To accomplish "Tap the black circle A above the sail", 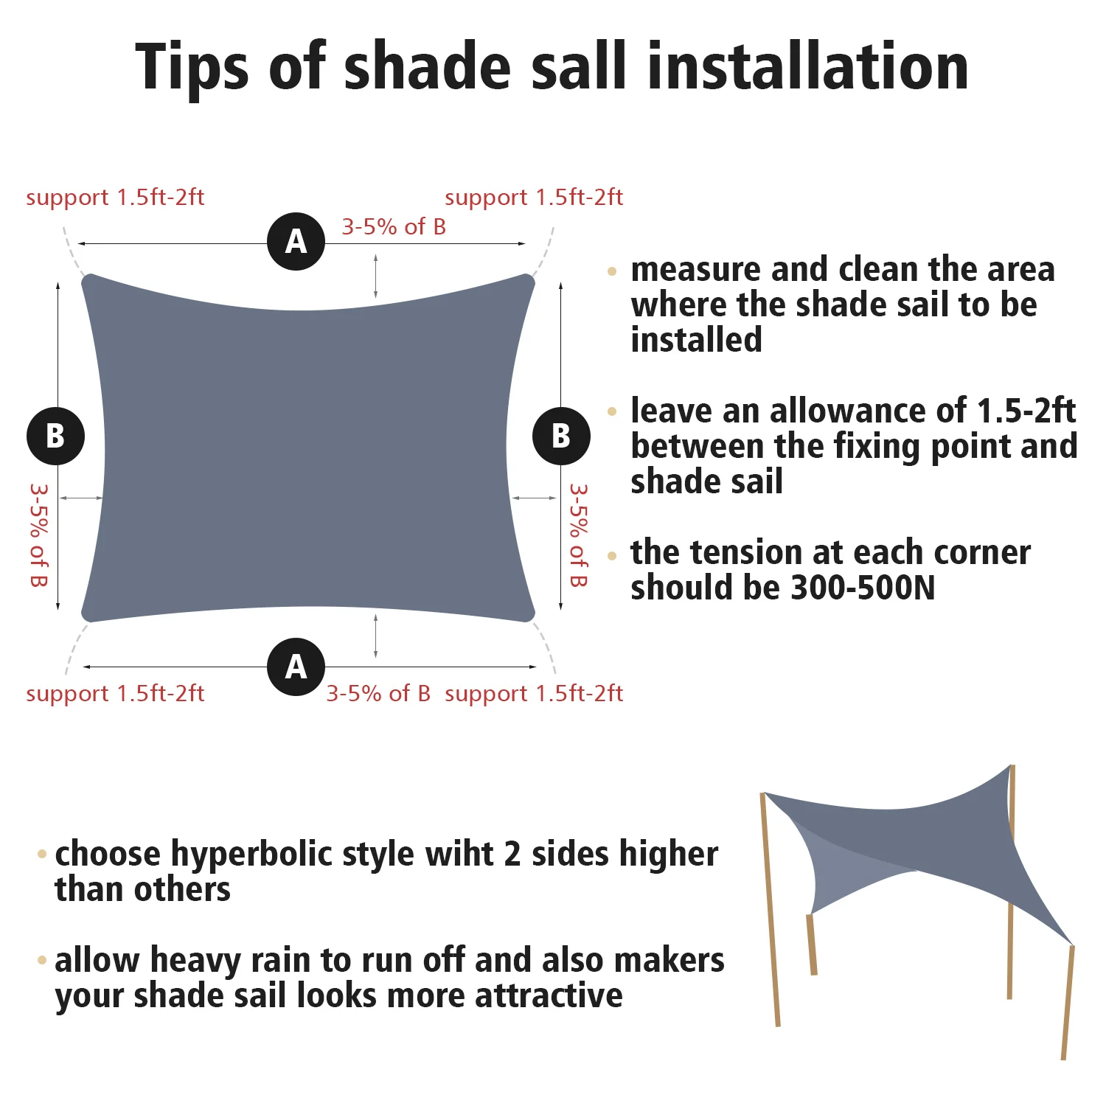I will point(296,241).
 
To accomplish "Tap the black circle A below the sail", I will point(296,667).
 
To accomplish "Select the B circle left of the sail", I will point(55,436).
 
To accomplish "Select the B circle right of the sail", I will point(561,436).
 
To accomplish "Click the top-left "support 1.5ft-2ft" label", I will point(115,198).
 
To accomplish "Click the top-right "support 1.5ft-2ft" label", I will point(534,198).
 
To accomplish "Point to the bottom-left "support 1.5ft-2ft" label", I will point(115,694).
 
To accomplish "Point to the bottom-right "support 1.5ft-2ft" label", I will point(534,694).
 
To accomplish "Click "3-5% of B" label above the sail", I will point(394,227).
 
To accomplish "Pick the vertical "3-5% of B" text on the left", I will point(38,535).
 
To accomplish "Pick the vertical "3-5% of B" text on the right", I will point(579,535).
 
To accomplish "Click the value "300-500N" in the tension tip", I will point(863,588).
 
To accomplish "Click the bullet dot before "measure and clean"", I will point(612,271).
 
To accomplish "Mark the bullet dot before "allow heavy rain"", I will point(42,960).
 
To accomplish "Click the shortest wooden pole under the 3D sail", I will point(812,945).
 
